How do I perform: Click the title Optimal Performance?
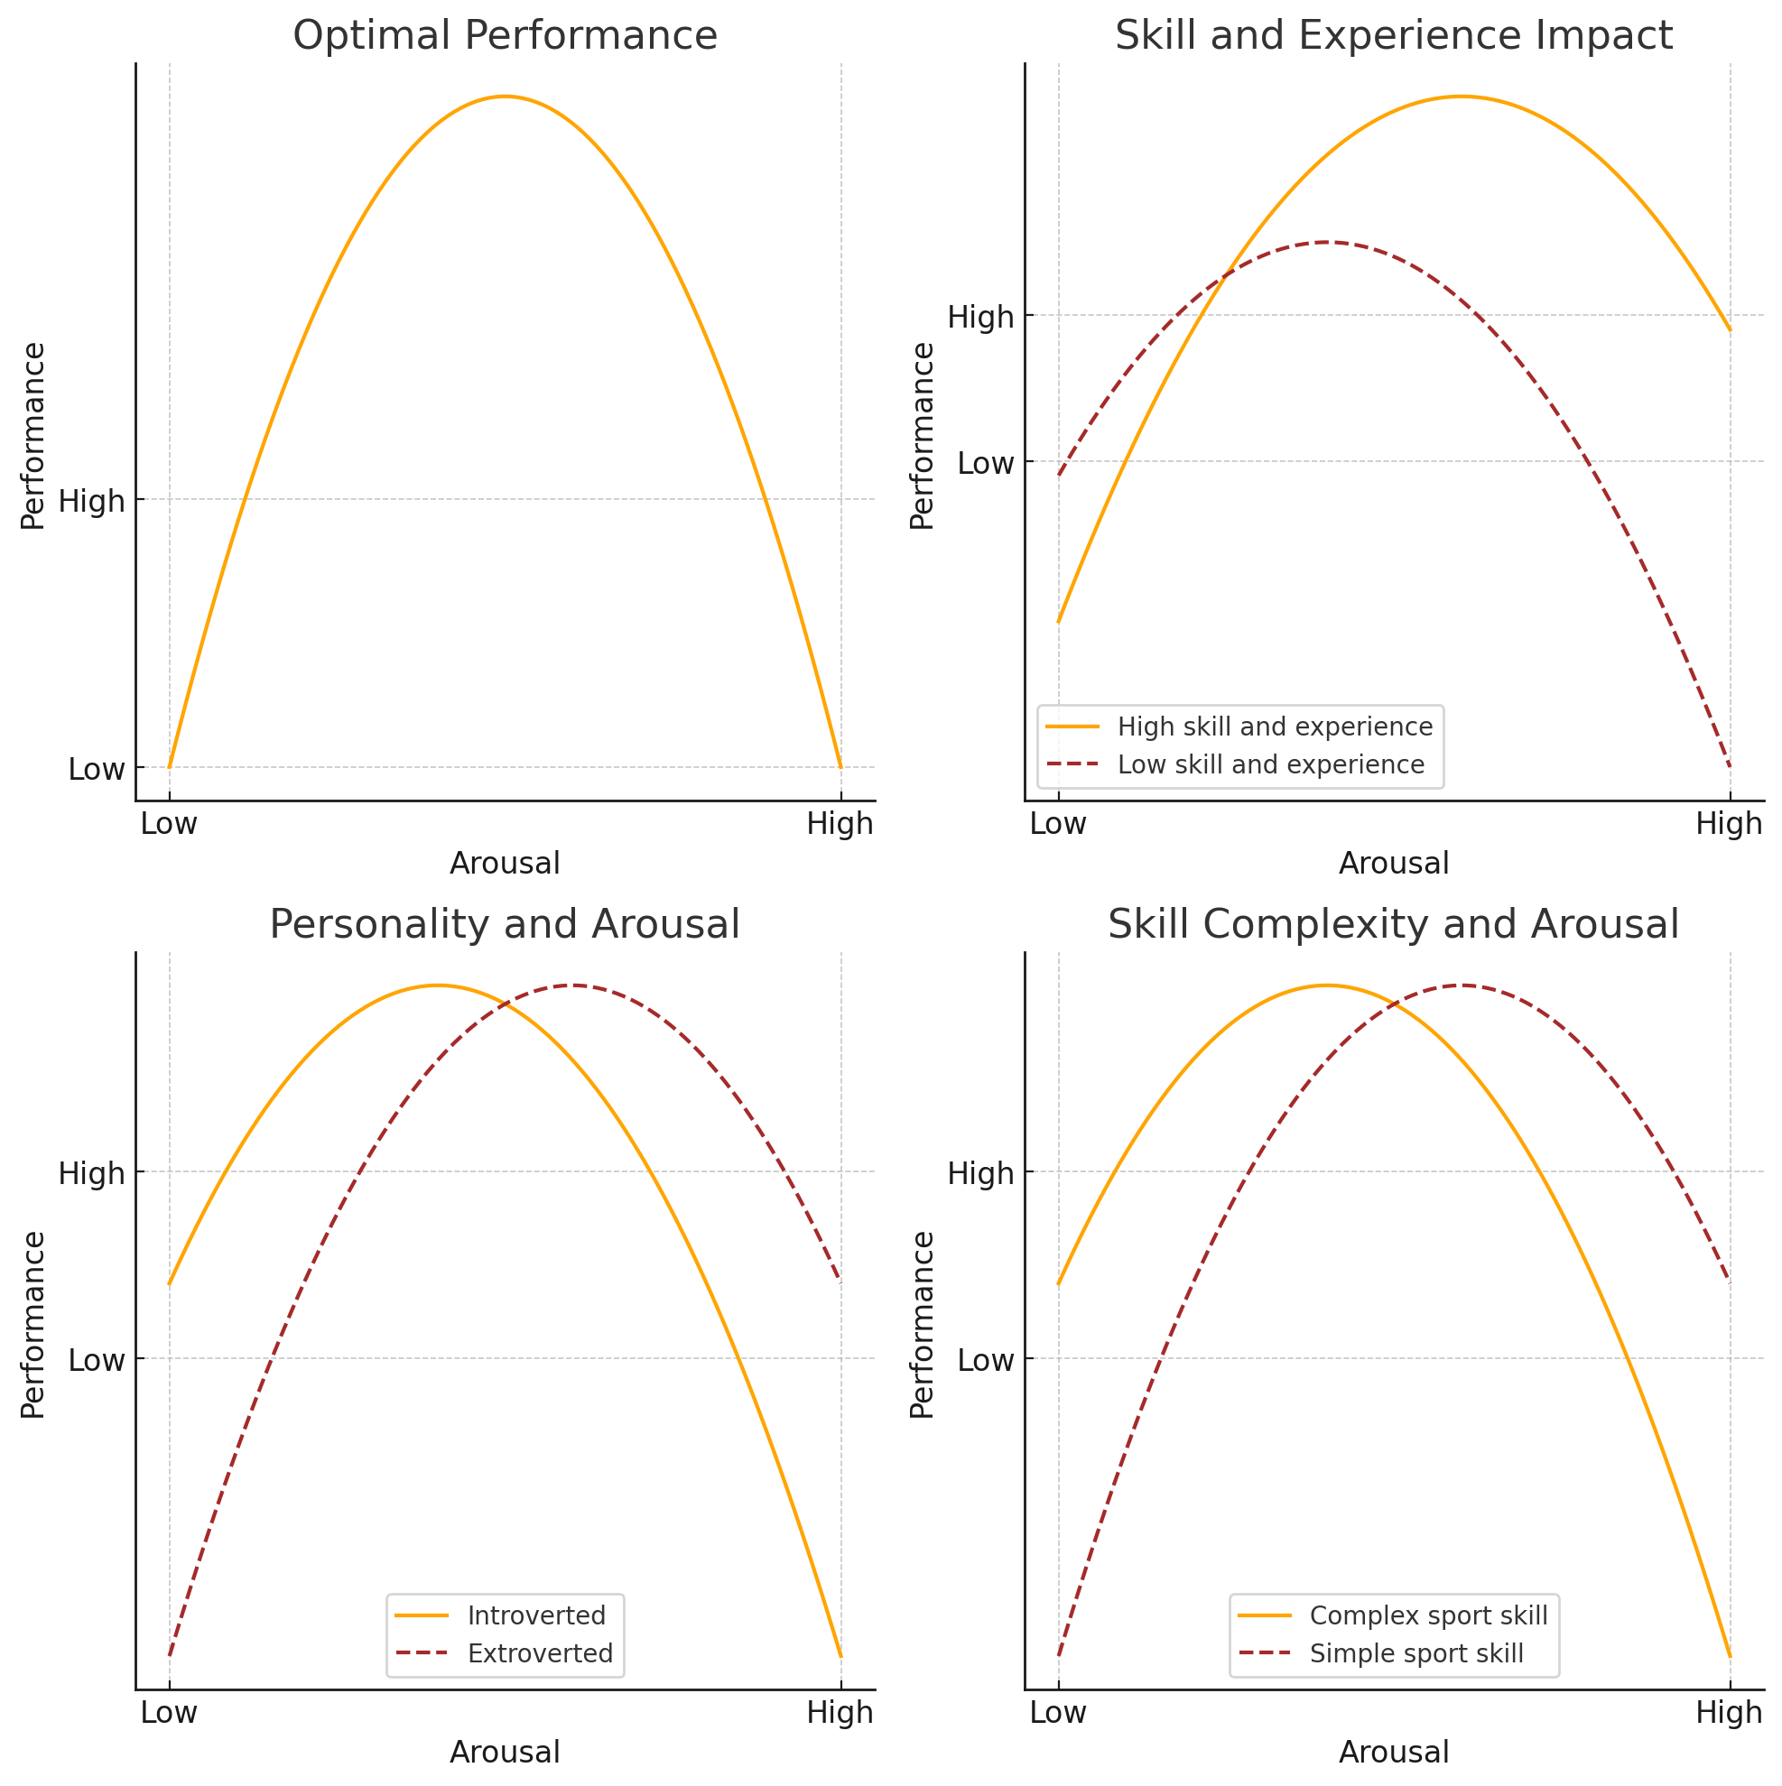click(x=505, y=36)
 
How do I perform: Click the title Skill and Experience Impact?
click(x=1394, y=36)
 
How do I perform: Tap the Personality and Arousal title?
click(x=505, y=924)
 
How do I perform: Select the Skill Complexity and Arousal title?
click(x=1394, y=924)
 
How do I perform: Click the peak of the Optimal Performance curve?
click(x=505, y=97)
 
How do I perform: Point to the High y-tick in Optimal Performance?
click(x=91, y=502)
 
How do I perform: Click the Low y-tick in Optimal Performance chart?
click(x=97, y=769)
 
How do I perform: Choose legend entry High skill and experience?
click(x=1275, y=726)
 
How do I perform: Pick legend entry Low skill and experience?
click(x=1271, y=764)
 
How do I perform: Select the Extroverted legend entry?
click(x=540, y=1652)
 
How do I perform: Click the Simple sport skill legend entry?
click(x=1415, y=1652)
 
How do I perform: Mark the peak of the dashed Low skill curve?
click(x=1327, y=242)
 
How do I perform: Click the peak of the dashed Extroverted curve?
click(x=573, y=986)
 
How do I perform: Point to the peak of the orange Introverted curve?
click(x=438, y=986)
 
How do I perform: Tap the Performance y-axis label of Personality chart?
click(x=33, y=1324)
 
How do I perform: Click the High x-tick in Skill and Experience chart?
click(x=1729, y=824)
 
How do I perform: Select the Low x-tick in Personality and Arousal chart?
click(x=169, y=1712)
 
